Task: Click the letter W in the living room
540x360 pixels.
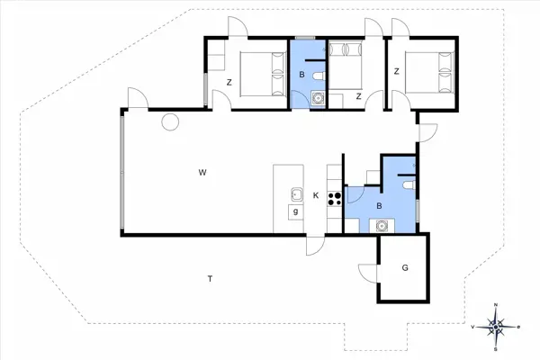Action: coord(203,170)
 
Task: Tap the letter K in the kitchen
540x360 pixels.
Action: coord(316,195)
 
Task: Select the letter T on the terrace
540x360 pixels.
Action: coord(210,278)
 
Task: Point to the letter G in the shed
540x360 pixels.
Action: coord(405,267)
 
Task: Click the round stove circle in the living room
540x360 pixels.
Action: coord(169,122)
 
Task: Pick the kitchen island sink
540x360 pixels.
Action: coord(295,192)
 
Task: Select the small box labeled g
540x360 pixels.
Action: coord(294,211)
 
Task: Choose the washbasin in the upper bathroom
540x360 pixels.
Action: coord(316,99)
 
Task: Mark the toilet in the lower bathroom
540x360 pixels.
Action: coord(409,184)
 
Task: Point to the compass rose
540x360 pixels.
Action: coord(496,325)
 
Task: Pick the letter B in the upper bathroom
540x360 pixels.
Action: coord(301,75)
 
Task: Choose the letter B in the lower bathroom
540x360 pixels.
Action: coord(379,206)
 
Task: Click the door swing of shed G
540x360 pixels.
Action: coord(366,271)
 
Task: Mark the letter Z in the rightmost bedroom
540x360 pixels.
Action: coord(396,71)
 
